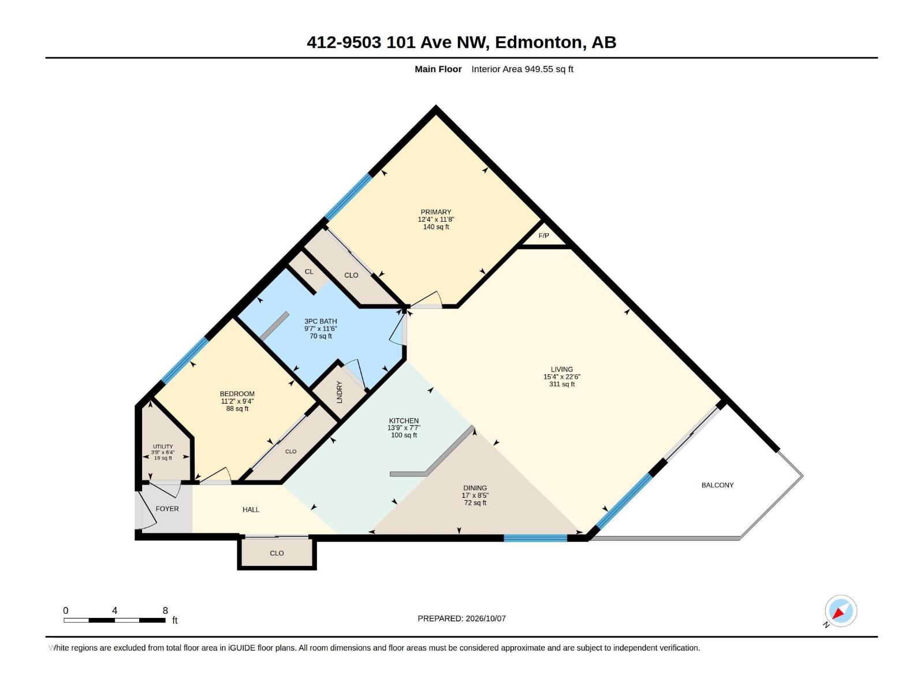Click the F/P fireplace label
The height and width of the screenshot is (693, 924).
coord(543,236)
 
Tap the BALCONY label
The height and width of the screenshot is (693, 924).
coord(717,485)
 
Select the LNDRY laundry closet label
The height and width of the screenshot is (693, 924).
coord(340,392)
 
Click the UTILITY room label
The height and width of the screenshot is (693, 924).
coord(163,446)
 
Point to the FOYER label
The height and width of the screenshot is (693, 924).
coord(167,509)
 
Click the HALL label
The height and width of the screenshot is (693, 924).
coord(251,509)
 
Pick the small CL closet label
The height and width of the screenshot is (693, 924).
coord(309,272)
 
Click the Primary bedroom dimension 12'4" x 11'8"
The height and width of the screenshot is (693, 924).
coord(436,219)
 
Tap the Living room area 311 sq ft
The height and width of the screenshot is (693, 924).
coord(562,384)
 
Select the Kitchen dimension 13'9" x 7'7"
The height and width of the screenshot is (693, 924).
coord(404,428)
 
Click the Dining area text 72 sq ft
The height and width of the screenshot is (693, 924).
coord(475,503)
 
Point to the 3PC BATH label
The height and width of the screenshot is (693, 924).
coord(321,322)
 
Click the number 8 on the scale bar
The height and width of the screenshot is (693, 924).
coord(165,610)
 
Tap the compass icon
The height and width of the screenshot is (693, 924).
coord(840,611)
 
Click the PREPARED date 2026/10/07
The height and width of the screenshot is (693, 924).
coord(485,619)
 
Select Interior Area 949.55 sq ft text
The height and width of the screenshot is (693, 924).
coord(523,69)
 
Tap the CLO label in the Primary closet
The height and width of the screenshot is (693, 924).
coord(351,275)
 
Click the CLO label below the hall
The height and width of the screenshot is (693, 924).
coord(277,553)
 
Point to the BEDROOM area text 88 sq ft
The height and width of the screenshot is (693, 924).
coord(237,408)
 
